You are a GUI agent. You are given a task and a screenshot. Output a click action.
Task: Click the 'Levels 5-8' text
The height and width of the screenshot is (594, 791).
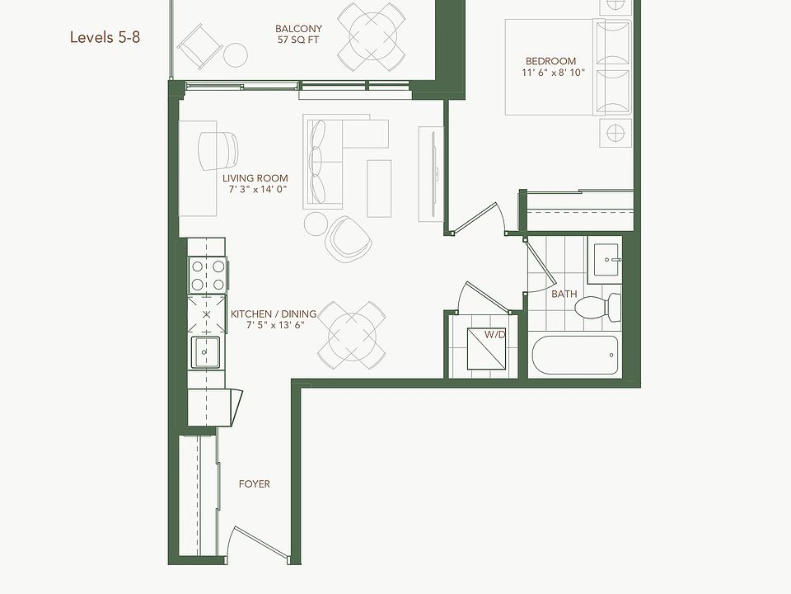(105, 37)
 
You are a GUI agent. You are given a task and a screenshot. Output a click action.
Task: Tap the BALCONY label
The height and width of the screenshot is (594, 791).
(298, 28)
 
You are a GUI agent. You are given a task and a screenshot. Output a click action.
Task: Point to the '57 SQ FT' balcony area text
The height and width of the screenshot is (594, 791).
(298, 39)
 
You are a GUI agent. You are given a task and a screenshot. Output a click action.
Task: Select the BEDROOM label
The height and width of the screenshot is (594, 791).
(550, 61)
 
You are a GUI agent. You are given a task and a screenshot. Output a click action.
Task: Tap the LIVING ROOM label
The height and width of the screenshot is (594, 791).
(255, 178)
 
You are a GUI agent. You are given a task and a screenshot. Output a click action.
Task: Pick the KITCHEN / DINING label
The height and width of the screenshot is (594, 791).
(273, 314)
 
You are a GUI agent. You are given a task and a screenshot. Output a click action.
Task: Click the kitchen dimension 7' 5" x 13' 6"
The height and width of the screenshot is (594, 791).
(275, 325)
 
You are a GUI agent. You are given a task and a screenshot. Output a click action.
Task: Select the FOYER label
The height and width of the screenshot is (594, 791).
(255, 483)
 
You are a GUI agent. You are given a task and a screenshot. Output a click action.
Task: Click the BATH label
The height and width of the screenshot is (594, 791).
(564, 294)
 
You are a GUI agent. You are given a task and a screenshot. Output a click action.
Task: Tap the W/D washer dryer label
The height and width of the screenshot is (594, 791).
(494, 335)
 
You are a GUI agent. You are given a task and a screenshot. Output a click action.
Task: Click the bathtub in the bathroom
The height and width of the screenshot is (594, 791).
(575, 355)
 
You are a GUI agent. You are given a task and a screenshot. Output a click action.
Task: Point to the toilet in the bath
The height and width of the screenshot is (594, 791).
(599, 308)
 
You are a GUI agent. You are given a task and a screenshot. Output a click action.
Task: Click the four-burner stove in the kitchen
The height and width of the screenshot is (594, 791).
(206, 274)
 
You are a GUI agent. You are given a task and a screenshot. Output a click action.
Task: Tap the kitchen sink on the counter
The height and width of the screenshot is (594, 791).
(205, 352)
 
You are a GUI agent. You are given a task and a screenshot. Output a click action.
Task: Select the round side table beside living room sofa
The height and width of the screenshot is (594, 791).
(316, 223)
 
